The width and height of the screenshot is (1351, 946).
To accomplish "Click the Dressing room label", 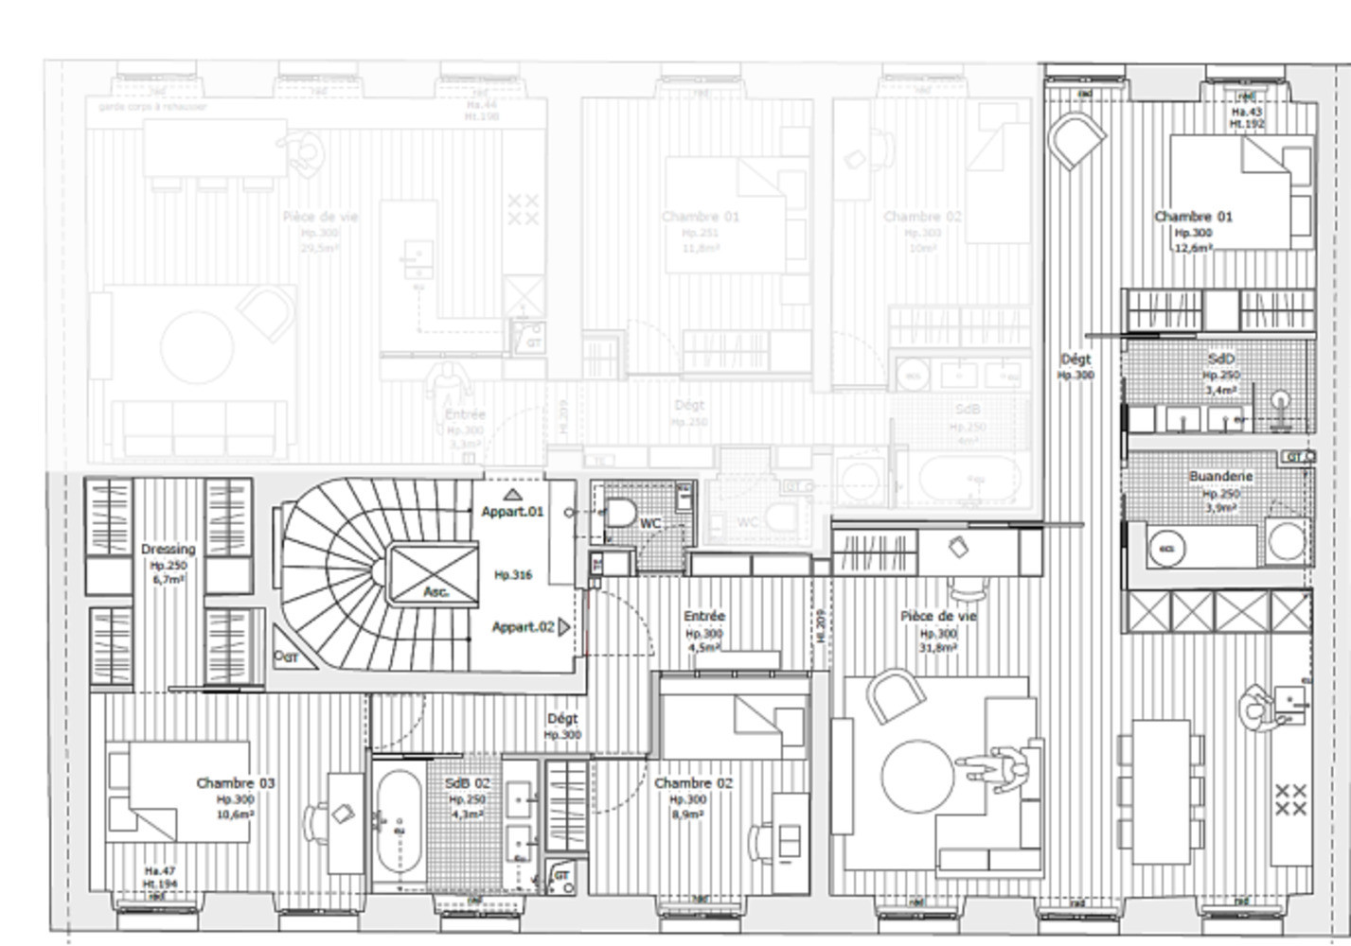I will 168,549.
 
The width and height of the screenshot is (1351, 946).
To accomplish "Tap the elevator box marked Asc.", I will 434,575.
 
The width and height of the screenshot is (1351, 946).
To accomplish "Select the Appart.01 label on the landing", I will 512,512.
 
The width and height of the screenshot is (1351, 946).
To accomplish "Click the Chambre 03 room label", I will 236,783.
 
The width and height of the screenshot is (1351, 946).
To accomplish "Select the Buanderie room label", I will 1220,477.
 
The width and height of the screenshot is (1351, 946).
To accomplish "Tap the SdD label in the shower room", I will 1221,359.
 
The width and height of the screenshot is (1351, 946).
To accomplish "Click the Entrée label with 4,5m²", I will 703,617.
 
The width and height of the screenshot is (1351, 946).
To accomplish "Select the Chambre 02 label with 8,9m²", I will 693,783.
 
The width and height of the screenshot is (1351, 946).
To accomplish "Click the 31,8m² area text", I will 938,648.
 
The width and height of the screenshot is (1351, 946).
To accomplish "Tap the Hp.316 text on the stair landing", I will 513,574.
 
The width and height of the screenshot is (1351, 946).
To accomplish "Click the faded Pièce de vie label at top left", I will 320,217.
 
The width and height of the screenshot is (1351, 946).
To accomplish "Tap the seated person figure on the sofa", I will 1002,768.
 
